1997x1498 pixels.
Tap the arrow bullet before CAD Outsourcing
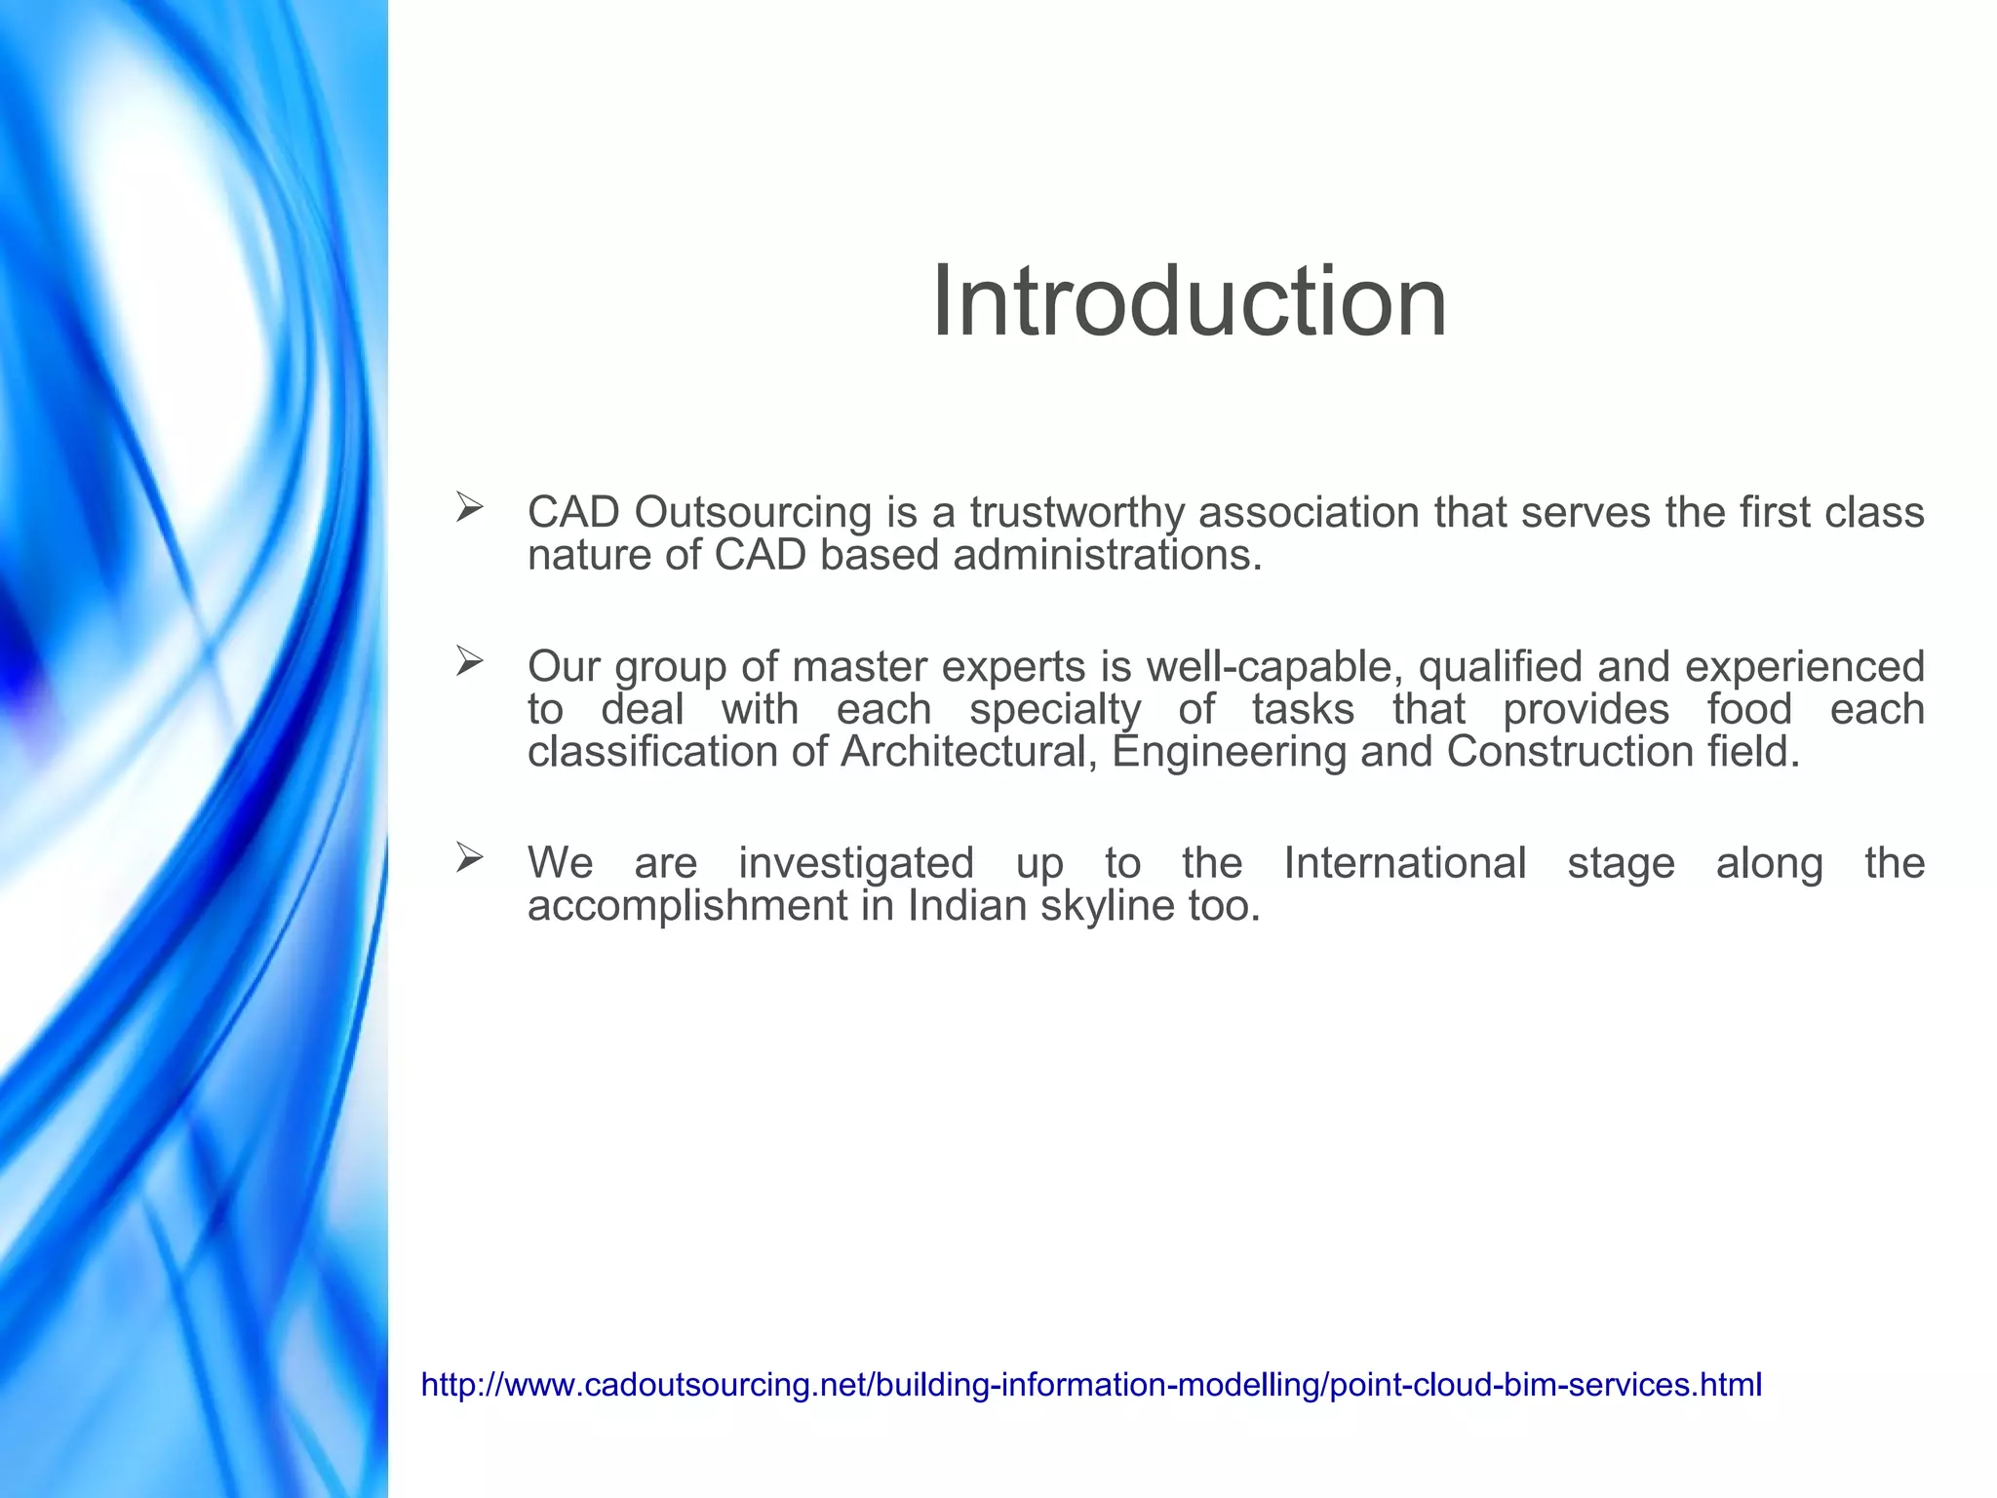(x=470, y=507)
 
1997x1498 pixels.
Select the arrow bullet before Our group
(x=470, y=662)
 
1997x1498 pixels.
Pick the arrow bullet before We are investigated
(x=470, y=858)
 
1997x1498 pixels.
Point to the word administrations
(x=1108, y=556)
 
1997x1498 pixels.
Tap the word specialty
(x=1054, y=710)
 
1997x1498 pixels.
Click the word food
(x=1749, y=710)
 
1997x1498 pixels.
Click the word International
(x=1404, y=863)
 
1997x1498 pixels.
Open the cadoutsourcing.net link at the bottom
(x=1091, y=1385)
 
